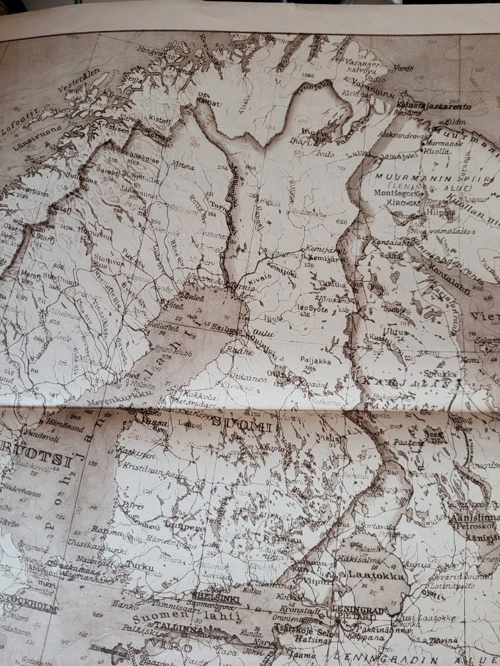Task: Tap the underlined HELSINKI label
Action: pos(214,597)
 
